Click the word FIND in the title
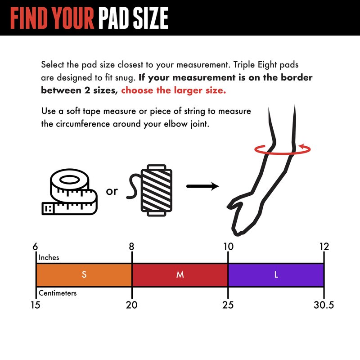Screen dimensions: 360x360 tap(29, 18)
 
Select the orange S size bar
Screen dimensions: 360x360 tap(84, 275)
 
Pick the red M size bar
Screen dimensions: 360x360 tap(180, 275)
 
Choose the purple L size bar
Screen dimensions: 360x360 tap(276, 275)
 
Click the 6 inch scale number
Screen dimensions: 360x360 tap(35, 247)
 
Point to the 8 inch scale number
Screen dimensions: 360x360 tap(131, 247)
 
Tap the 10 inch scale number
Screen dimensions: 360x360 tap(229, 247)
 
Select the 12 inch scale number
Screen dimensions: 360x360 tap(324, 247)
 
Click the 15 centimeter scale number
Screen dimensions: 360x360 tap(36, 305)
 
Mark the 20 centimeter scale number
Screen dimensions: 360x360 tap(131, 305)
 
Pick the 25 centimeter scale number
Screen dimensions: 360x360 tap(228, 305)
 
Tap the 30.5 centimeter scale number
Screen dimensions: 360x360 tap(324, 305)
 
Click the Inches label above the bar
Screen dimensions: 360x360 tap(49, 257)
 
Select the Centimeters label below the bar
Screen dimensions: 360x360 tap(58, 293)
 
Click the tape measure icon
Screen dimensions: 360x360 tap(70, 192)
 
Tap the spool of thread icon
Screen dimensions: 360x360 tap(150, 190)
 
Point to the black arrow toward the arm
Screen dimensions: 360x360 tap(203, 186)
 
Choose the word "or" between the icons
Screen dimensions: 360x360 tap(112, 191)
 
